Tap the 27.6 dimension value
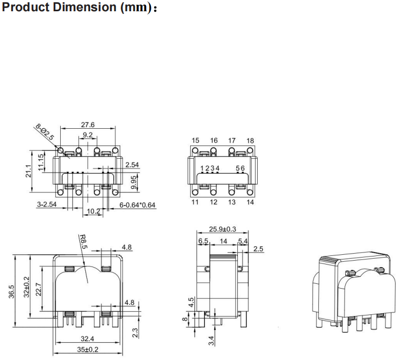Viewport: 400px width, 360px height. click(x=88, y=124)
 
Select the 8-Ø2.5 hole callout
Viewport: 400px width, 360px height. click(x=45, y=133)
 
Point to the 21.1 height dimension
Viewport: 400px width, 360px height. click(x=30, y=171)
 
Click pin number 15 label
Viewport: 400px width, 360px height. click(x=195, y=141)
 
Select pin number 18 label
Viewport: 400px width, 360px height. click(x=250, y=141)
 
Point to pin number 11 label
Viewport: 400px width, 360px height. click(x=195, y=202)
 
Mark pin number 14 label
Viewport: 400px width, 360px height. click(x=250, y=202)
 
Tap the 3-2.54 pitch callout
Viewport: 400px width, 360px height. click(x=48, y=204)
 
